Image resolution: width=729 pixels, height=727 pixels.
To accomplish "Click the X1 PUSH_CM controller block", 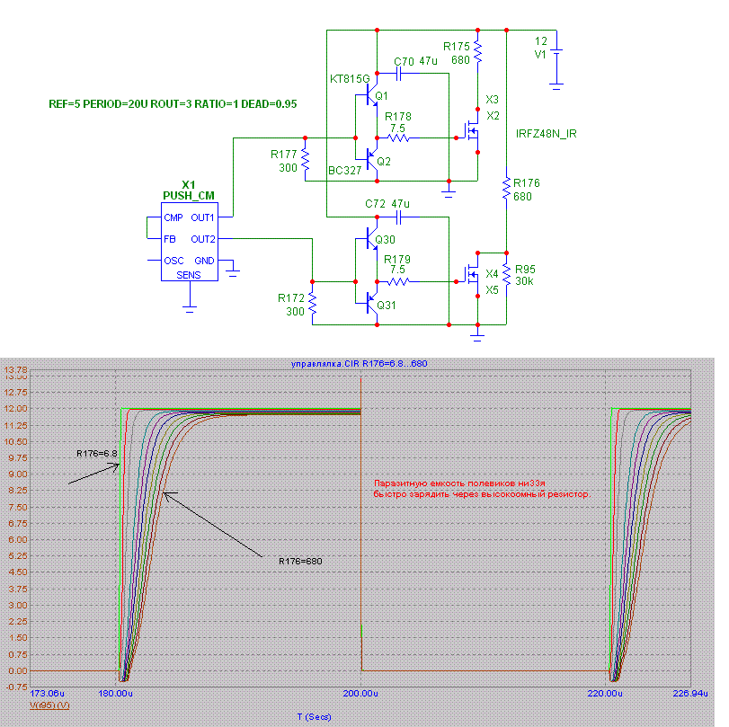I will [188, 239].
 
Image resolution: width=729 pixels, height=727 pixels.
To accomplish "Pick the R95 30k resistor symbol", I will [507, 276].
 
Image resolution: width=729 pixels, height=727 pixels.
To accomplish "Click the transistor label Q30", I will [385, 239].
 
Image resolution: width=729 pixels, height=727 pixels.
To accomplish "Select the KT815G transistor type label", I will [350, 78].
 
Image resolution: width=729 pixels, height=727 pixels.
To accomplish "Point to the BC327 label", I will [346, 170].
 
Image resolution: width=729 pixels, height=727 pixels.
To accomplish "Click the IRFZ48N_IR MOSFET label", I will [547, 134].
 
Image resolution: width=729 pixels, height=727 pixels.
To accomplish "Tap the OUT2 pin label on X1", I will [202, 239].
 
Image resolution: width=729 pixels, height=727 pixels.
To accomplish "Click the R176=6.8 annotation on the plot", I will [97, 453].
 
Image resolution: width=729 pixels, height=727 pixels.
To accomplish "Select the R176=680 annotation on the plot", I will [300, 561].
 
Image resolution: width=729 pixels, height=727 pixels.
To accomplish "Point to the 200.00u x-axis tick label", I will [360, 694].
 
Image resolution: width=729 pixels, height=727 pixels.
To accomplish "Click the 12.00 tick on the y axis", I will [17, 409].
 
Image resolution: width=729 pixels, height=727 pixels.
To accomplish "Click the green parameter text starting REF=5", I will [173, 104].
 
